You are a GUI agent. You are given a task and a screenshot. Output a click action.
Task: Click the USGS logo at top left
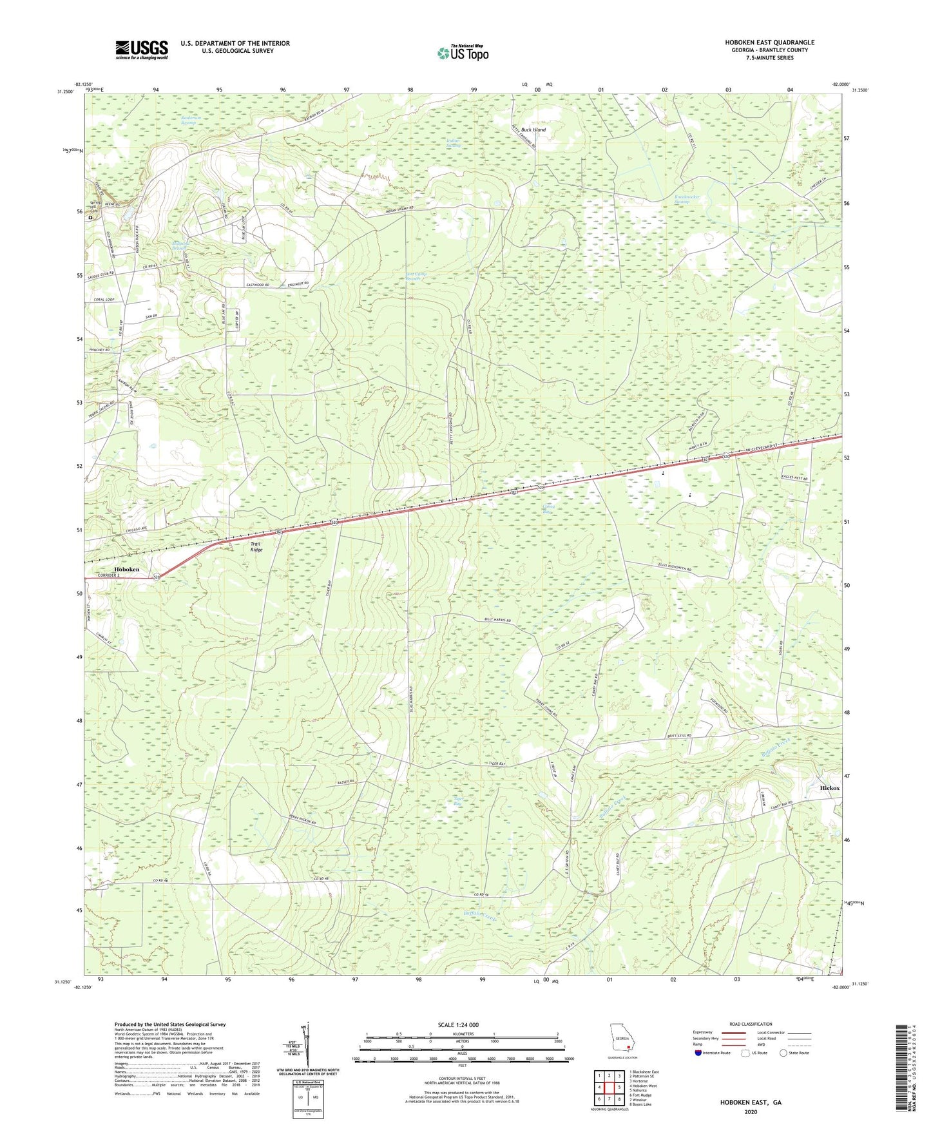coord(142,50)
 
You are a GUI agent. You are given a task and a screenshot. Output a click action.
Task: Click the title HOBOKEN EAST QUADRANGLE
coord(769,43)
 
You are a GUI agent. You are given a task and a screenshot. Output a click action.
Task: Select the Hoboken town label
coord(127,570)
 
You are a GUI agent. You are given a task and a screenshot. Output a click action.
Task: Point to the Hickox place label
coord(830,788)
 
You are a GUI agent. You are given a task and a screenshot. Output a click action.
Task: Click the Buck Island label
coord(533,130)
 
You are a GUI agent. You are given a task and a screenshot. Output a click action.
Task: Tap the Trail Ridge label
coord(256,547)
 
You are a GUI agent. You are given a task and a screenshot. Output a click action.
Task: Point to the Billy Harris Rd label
coord(497,620)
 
